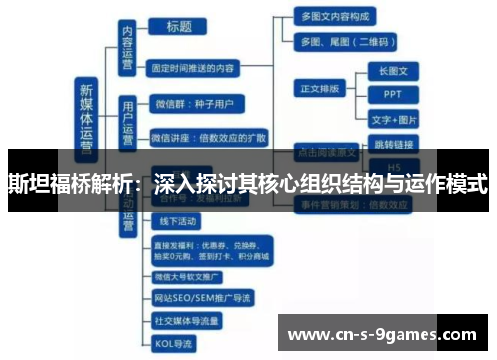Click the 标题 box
click(x=179, y=27)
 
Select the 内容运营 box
click(x=127, y=47)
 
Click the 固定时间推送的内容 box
click(x=194, y=69)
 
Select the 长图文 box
click(x=394, y=72)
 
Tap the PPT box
click(x=394, y=95)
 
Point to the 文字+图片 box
click(x=395, y=120)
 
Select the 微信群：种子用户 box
click(x=195, y=102)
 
